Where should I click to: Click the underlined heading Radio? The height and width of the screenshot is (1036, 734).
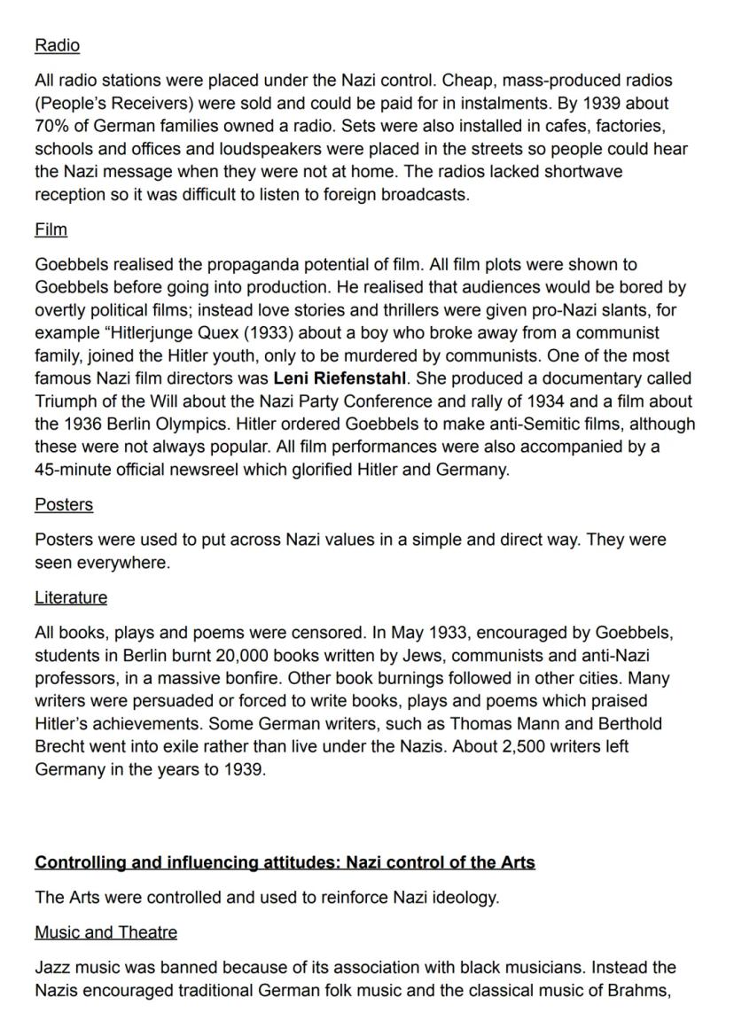point(57,45)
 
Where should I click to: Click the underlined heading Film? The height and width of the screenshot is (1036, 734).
point(51,230)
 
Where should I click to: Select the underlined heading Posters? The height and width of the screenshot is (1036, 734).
point(64,504)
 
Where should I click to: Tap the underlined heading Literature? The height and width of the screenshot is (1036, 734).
point(71,597)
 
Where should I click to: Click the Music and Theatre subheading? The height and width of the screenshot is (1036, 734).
point(105,932)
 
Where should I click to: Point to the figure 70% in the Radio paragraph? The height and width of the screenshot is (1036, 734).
point(51,126)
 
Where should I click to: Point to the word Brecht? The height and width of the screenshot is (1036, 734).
point(59,747)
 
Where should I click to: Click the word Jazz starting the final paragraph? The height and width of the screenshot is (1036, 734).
point(53,967)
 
